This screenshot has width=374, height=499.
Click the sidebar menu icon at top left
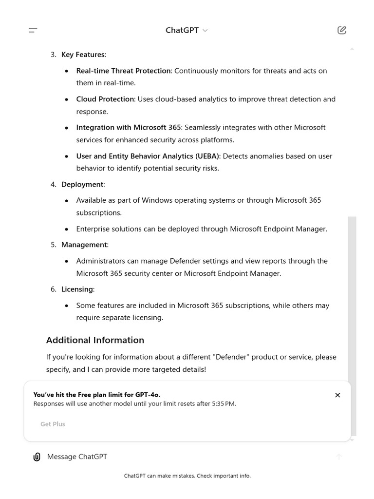click(33, 30)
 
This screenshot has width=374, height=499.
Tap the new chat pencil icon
click(342, 30)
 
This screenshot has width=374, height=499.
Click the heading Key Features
click(83, 55)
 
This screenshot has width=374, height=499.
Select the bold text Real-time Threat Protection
click(123, 71)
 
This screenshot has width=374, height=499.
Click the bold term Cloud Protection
click(105, 99)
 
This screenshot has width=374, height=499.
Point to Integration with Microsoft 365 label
click(128, 127)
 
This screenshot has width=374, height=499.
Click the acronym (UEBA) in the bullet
click(207, 156)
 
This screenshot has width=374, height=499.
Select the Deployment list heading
click(82, 184)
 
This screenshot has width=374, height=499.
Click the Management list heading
click(84, 245)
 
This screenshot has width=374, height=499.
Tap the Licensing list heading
click(77, 289)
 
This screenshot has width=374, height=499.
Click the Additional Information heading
click(95, 340)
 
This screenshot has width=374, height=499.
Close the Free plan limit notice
click(337, 395)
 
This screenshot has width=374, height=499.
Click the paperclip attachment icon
click(37, 457)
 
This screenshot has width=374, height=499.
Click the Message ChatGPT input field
click(185, 457)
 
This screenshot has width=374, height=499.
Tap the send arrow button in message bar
click(339, 457)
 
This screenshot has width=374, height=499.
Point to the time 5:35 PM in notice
click(223, 404)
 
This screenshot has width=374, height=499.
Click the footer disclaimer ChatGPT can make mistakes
click(187, 476)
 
